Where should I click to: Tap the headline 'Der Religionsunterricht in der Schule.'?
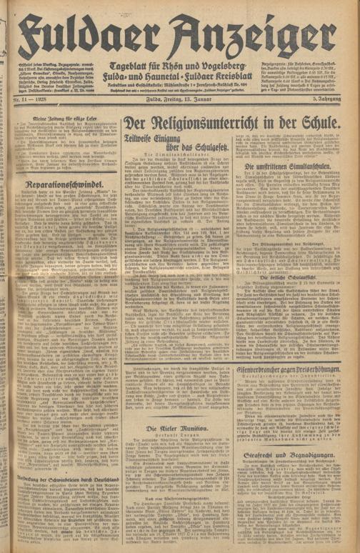pyautogui.click(x=233, y=123)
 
